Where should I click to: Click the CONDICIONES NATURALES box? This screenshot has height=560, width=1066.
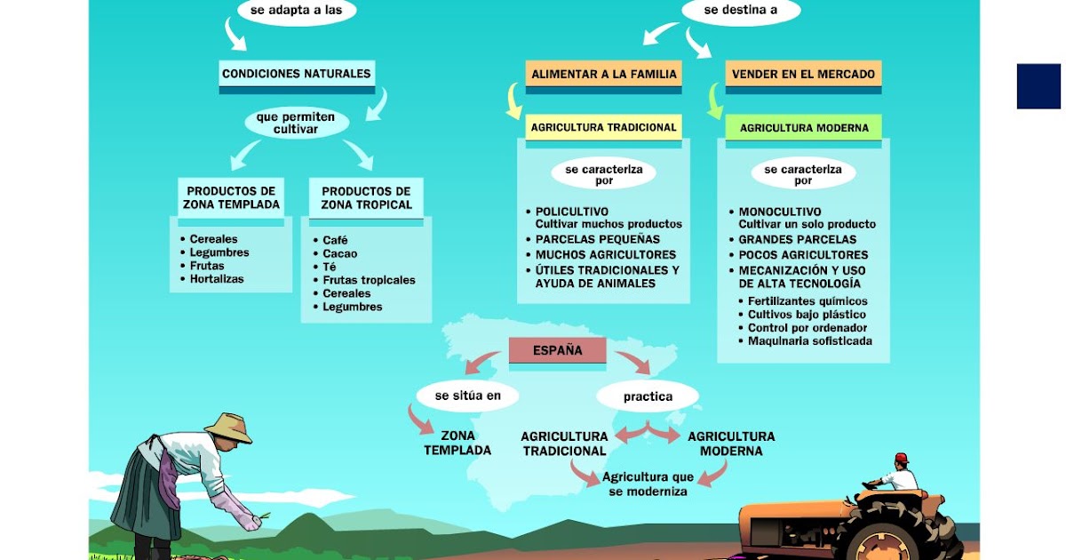[x=296, y=74]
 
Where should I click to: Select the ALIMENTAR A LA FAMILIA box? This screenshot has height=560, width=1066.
[x=604, y=75]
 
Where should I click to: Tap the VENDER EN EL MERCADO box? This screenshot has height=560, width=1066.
[x=804, y=75]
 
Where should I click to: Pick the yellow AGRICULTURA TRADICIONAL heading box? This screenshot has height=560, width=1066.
[x=604, y=127]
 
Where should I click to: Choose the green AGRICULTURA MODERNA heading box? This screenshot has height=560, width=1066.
[x=804, y=128]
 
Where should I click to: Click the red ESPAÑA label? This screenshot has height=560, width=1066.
[x=557, y=350]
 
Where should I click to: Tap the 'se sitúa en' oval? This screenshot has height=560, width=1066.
[x=467, y=396]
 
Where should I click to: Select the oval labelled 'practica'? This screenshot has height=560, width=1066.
[x=648, y=396]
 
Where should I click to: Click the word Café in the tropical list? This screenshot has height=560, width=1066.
[x=335, y=240]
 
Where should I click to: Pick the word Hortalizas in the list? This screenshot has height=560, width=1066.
[x=217, y=279]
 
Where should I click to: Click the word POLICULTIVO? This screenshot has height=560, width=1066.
[x=571, y=212]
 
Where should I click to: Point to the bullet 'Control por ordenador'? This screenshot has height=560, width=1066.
[x=807, y=328]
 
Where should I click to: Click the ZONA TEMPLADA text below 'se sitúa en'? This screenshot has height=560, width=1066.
[x=457, y=443]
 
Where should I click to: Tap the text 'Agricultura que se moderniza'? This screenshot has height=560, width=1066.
[x=648, y=484]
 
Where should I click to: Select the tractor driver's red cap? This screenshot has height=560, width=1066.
[x=901, y=458]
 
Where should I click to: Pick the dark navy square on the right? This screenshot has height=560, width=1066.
[x=1038, y=86]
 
